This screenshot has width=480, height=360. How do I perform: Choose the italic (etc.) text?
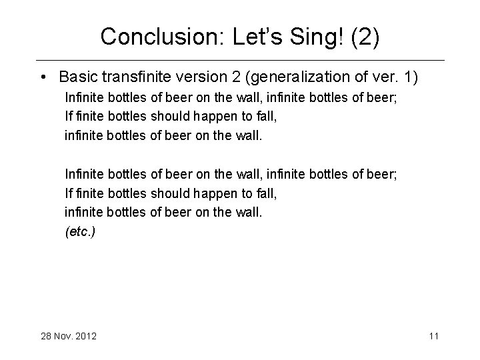pos(80,233)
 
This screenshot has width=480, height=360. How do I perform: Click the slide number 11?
pos(433,336)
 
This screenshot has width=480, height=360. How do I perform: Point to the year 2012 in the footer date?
pos(85,336)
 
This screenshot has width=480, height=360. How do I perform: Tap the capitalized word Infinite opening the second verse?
pos(84,174)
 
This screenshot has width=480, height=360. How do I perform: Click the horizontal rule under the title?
pos(240,61)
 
